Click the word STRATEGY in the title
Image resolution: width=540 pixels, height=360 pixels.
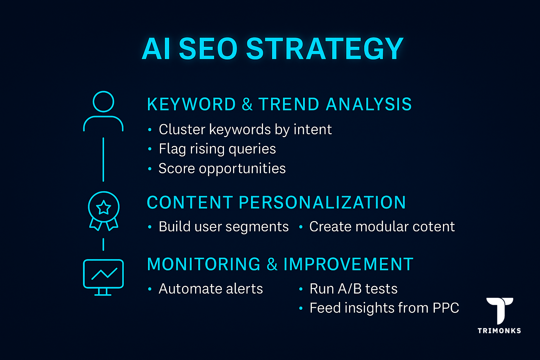click(324, 49)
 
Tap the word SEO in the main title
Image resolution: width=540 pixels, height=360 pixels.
click(208, 49)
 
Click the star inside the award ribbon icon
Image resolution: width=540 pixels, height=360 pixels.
click(104, 207)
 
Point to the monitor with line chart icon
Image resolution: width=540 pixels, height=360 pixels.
click(103, 277)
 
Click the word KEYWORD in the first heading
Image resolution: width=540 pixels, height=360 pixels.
click(191, 104)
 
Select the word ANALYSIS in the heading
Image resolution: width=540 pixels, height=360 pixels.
click(369, 104)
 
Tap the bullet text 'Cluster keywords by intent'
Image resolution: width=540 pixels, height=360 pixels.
click(245, 129)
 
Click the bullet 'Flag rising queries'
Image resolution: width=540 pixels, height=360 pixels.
click(217, 149)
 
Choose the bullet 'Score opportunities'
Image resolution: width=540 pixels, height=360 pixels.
click(222, 168)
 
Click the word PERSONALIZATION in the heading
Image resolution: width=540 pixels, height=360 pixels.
click(322, 202)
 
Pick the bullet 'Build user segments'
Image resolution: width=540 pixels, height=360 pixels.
click(224, 227)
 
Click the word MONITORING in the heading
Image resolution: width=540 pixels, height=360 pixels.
click(204, 264)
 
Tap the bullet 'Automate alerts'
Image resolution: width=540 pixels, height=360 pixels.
click(211, 289)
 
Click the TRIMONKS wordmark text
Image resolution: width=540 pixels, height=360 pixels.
click(499, 330)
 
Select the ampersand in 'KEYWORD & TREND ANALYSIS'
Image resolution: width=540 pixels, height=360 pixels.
click(247, 104)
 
